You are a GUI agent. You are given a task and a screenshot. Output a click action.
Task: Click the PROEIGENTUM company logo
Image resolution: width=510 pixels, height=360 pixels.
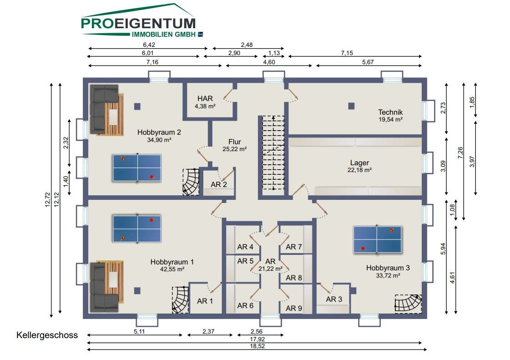(142, 20)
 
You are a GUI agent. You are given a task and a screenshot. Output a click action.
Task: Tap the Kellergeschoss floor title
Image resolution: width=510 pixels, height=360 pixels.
(47, 335)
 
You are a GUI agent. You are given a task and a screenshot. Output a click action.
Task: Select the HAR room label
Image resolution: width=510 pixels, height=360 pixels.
(205, 98)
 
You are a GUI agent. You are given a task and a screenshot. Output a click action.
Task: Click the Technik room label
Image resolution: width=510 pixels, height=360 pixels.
(390, 112)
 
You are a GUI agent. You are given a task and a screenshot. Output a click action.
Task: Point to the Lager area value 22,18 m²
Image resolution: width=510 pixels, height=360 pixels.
(359, 170)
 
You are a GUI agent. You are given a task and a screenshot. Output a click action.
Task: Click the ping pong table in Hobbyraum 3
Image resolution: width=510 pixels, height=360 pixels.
(377, 239)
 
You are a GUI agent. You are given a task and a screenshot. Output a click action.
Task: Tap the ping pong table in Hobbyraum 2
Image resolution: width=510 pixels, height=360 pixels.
(137, 168)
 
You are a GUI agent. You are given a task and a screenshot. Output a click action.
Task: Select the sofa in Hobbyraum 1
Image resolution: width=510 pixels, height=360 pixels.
(104, 286)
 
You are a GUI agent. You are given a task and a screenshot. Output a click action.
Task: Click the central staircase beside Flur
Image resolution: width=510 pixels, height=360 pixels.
(273, 153)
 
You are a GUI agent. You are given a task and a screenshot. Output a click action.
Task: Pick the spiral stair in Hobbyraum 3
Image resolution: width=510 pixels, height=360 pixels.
(408, 304)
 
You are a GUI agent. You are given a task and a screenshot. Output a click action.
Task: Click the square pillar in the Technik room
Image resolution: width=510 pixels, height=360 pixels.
(351, 106)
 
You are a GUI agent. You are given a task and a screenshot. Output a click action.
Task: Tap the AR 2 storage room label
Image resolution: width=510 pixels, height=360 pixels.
(218, 185)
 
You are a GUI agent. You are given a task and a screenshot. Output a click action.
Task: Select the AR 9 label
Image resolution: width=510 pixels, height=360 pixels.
(294, 308)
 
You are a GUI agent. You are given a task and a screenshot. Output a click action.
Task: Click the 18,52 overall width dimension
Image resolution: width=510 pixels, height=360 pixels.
(258, 346)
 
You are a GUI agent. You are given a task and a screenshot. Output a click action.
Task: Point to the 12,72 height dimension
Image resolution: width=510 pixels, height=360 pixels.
(48, 200)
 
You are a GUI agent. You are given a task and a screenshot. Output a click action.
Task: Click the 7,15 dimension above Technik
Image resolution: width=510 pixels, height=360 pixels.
(347, 53)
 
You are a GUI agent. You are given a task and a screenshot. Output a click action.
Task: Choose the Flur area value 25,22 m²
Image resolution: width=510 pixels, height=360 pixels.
(234, 149)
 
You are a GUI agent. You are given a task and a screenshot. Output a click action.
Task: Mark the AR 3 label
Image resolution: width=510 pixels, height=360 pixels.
(334, 299)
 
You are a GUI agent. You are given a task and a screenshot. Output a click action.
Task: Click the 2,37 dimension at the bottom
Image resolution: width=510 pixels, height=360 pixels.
(208, 332)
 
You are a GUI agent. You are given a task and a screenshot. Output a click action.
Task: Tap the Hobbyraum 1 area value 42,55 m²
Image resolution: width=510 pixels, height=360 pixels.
(172, 269)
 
